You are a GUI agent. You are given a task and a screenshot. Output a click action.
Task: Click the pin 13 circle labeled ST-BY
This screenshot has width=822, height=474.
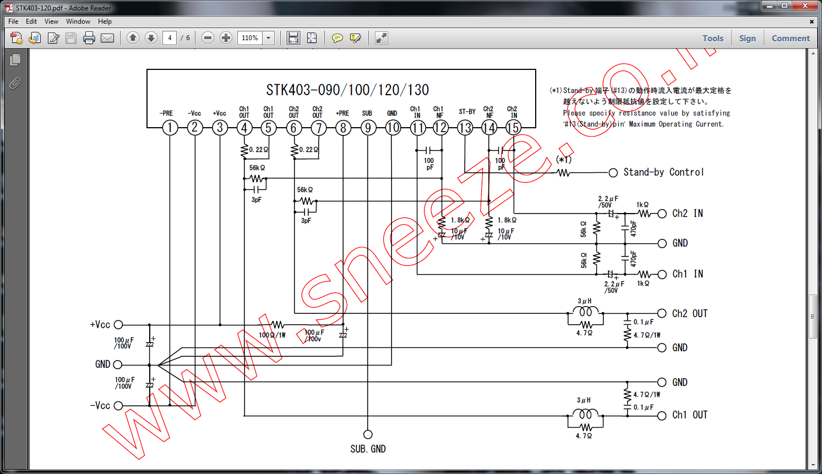pyautogui.click(x=465, y=128)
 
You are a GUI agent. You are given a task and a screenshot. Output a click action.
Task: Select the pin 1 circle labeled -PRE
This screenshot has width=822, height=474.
pyautogui.click(x=170, y=128)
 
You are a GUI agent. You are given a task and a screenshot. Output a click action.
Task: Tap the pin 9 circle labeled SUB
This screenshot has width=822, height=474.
pyautogui.click(x=368, y=128)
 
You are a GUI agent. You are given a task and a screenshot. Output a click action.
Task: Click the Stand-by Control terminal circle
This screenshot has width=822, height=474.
pyautogui.click(x=613, y=173)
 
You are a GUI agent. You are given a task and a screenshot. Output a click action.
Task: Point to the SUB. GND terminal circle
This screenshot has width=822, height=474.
pyautogui.click(x=368, y=434)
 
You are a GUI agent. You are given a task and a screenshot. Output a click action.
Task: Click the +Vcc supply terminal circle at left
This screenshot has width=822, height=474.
pyautogui.click(x=118, y=325)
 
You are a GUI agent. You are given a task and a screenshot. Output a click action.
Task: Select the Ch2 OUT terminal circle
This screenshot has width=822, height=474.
pyautogui.click(x=662, y=313)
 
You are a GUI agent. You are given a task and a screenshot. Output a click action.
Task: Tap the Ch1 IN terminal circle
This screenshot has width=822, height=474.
pyautogui.click(x=662, y=274)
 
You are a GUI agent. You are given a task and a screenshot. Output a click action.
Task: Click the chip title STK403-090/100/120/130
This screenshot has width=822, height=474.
pyautogui.click(x=347, y=90)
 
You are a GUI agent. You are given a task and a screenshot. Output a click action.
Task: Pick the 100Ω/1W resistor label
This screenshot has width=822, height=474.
pyautogui.click(x=272, y=335)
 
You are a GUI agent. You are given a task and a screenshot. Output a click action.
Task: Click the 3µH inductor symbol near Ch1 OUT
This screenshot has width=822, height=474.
pyautogui.click(x=585, y=414)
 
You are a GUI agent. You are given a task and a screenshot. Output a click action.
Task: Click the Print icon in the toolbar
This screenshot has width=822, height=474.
pyautogui.click(x=89, y=38)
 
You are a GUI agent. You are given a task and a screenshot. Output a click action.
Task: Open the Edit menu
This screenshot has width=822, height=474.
pyautogui.click(x=31, y=21)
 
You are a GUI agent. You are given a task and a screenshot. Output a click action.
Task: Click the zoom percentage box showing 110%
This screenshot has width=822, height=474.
pyautogui.click(x=250, y=38)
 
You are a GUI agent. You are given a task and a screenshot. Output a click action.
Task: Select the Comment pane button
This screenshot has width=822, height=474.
pyautogui.click(x=791, y=38)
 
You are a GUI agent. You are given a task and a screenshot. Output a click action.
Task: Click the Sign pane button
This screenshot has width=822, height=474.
pyautogui.click(x=747, y=38)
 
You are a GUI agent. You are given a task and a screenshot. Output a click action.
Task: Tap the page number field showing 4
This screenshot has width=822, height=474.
pyautogui.click(x=170, y=38)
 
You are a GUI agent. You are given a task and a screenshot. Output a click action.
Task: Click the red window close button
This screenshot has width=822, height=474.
pyautogui.click(x=805, y=6)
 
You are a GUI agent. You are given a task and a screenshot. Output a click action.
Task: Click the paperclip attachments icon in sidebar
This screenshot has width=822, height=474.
pyautogui.click(x=15, y=83)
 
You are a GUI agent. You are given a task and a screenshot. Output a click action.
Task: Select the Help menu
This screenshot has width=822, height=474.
pyautogui.click(x=105, y=21)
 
